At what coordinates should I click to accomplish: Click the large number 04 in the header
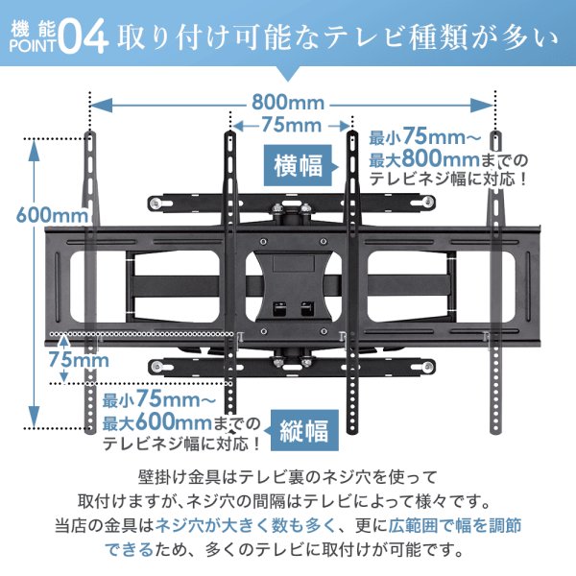(84, 38)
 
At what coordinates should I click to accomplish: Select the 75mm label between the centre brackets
(291, 127)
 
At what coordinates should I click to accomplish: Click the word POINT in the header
(33, 50)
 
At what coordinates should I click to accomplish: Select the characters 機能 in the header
(33, 27)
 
